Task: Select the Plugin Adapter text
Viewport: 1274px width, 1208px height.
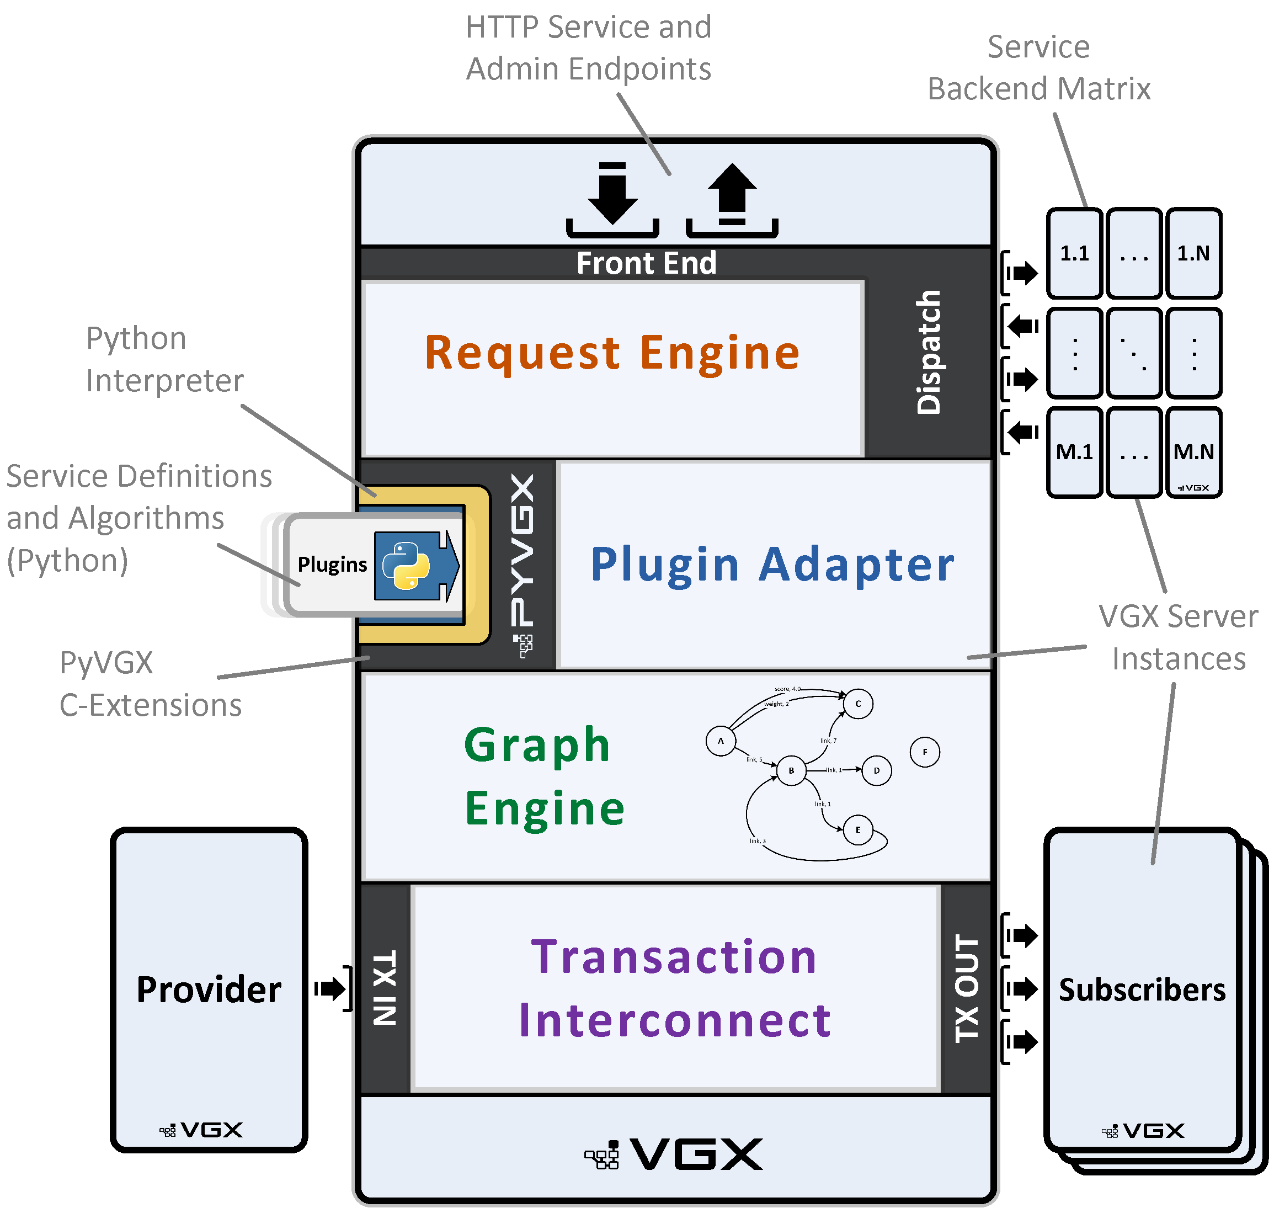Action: coord(771,565)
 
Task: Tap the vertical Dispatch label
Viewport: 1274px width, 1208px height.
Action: coord(927,352)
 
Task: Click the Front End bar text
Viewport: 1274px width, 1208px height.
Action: coord(646,263)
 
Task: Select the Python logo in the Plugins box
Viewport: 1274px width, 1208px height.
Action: coord(406,565)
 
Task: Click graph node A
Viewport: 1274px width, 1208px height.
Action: coord(721,741)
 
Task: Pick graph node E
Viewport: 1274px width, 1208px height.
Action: coord(857,829)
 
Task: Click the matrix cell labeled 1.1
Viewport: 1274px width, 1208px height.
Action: coord(1074,253)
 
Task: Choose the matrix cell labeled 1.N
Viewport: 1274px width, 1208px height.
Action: coord(1193,253)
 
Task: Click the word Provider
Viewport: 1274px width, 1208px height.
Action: coord(209,989)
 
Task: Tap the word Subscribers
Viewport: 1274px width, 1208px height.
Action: coord(1142,989)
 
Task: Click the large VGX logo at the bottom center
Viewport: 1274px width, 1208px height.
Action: coord(673,1154)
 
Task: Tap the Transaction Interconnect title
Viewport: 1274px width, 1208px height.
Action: coord(674,988)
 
